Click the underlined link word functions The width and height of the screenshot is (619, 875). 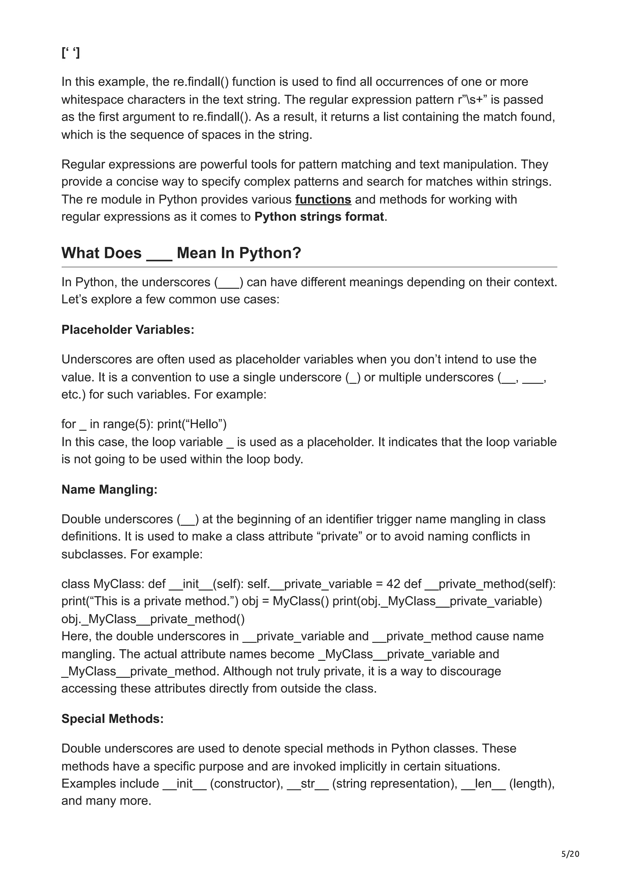coord(323,199)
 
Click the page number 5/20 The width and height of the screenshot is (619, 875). coord(570,854)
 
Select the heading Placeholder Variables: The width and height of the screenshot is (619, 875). coord(128,330)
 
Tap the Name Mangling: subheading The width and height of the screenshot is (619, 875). coord(109,489)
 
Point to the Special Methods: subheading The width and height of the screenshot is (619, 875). coord(112,719)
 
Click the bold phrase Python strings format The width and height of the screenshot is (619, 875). coord(319,217)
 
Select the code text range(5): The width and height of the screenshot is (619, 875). coord(128,424)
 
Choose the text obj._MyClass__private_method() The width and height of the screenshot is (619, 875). coord(153,619)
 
